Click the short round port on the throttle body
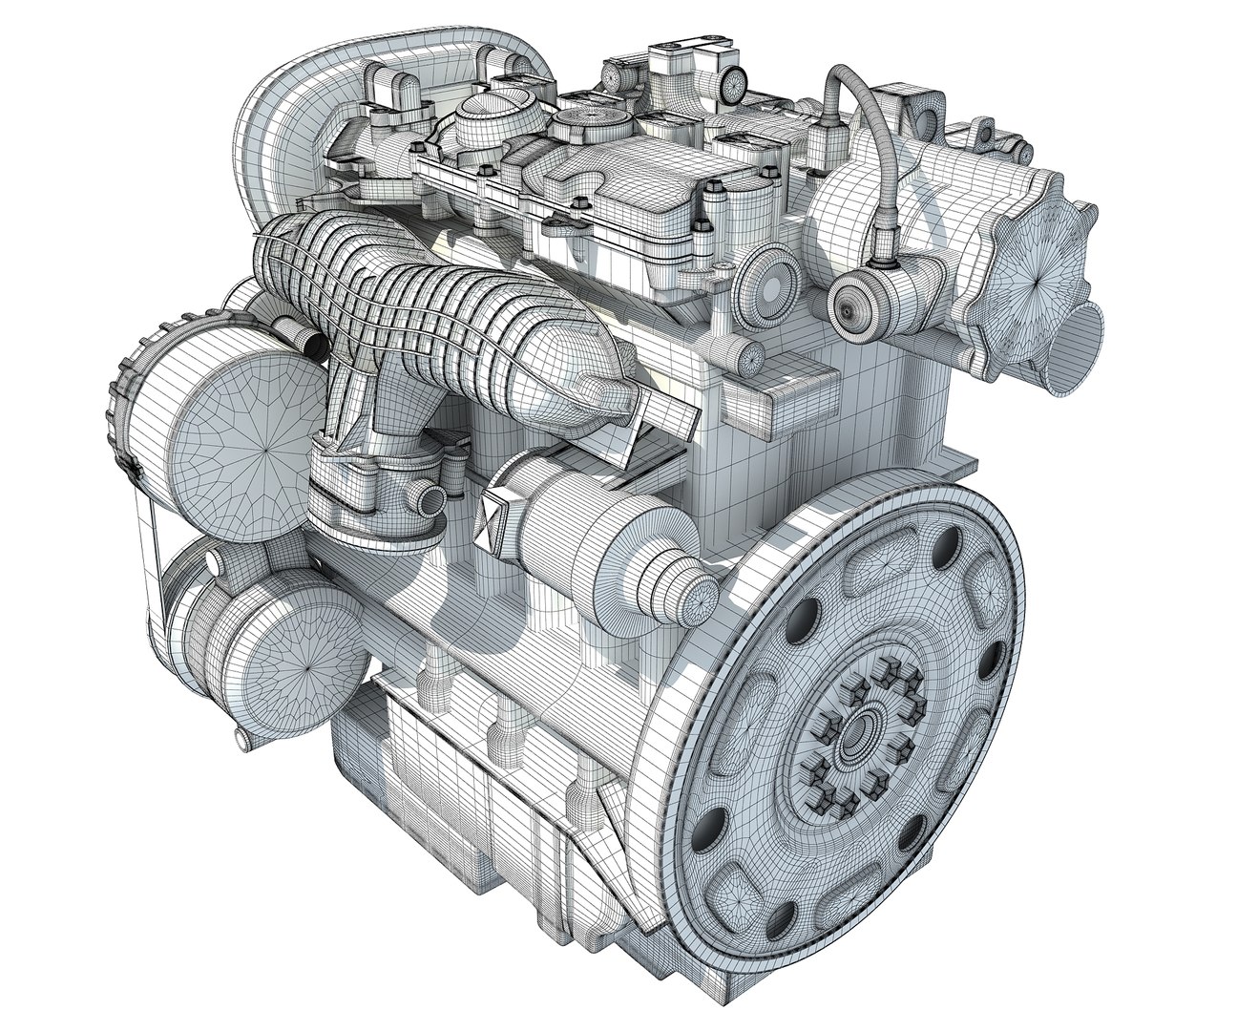click(x=428, y=497)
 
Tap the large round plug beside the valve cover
click(x=771, y=283)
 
